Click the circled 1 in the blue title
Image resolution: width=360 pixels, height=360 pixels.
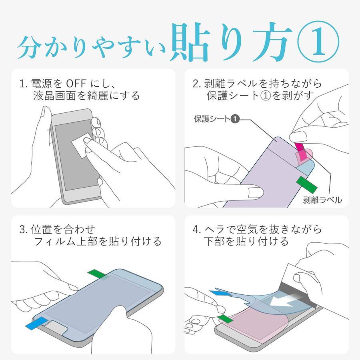point(318,42)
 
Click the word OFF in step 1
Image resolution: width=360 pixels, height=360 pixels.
point(76,84)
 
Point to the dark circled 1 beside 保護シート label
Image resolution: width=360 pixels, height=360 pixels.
point(235,119)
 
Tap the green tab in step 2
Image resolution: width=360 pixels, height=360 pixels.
point(307,184)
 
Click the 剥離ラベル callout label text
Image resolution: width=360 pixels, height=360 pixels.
point(322,200)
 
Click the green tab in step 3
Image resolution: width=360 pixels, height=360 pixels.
point(97,274)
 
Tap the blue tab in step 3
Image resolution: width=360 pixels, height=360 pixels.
point(37,324)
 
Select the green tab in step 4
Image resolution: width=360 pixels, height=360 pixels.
point(226,318)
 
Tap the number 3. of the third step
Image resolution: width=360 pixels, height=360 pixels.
point(24,230)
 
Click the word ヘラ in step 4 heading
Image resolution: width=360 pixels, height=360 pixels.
point(216,229)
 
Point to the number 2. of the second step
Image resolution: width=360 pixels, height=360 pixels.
point(197,84)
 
